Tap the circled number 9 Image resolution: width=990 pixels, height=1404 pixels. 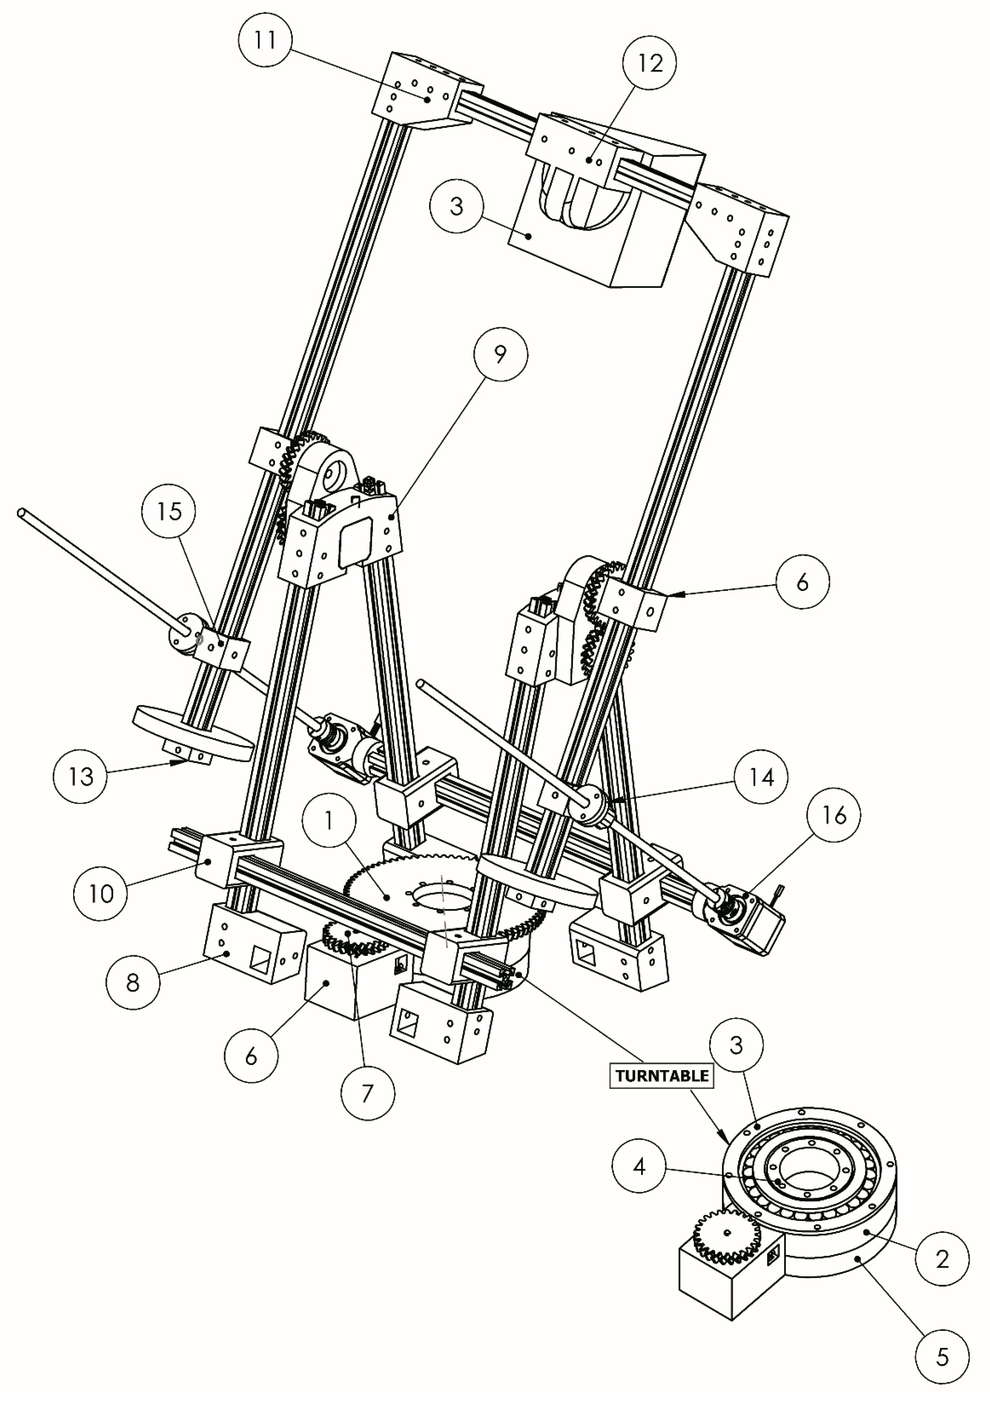click(500, 355)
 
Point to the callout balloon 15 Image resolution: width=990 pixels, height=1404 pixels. click(169, 511)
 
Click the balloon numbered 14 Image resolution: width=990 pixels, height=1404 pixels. click(761, 778)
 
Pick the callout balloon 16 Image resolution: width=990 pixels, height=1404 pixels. click(834, 815)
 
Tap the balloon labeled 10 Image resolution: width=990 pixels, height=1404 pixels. click(101, 894)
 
